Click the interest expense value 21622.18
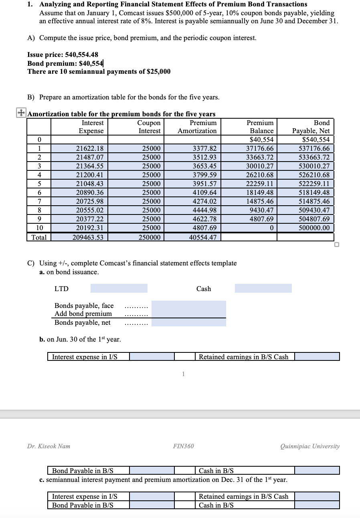[x=90, y=149]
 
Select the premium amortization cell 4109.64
[x=204, y=193]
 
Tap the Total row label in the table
[x=39, y=237]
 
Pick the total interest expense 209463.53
[x=88, y=237]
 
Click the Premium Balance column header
[x=261, y=127]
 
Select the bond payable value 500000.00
[x=314, y=228]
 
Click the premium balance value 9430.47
[x=261, y=210]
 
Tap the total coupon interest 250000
[x=150, y=237]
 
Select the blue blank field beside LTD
[x=119, y=288]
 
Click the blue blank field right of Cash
[x=263, y=288]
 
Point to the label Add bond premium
[x=83, y=314]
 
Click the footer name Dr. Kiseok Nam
[x=49, y=446]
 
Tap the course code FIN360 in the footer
[x=183, y=446]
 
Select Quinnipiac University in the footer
[x=310, y=446]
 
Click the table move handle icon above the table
[x=21, y=113]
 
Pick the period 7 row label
[x=39, y=202]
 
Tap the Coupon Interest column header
[x=149, y=127]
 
